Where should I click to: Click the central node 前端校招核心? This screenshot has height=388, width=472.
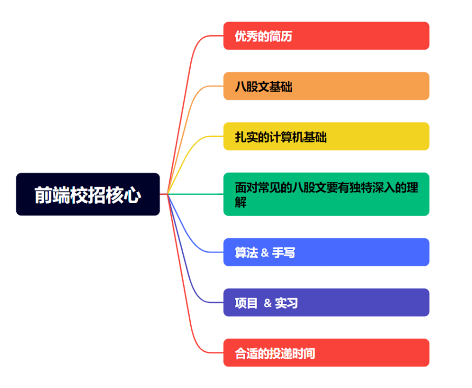(x=88, y=194)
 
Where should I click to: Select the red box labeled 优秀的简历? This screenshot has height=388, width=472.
(x=326, y=36)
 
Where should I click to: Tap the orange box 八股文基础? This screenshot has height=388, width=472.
(x=326, y=86)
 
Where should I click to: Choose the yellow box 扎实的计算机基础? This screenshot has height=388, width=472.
(x=326, y=136)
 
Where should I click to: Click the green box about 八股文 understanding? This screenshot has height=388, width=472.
(x=326, y=194)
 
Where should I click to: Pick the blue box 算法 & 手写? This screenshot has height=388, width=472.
(x=326, y=252)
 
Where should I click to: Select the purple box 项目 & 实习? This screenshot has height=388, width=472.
(x=326, y=302)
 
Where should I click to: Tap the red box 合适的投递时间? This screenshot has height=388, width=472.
(x=326, y=353)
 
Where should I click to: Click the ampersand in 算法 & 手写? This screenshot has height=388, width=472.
(x=265, y=253)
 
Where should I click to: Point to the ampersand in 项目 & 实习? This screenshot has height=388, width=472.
(x=268, y=303)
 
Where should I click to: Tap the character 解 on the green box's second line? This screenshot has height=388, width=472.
(x=241, y=203)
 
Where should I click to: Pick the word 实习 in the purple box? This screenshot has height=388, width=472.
(x=286, y=303)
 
